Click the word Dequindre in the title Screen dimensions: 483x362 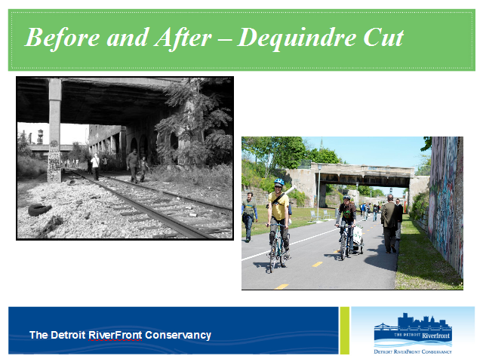pyautogui.click(x=297, y=38)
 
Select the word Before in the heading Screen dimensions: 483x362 pyautogui.click(x=62, y=38)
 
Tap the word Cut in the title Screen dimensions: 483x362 pyautogui.click(x=383, y=38)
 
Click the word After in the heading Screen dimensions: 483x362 pyautogui.click(x=183, y=38)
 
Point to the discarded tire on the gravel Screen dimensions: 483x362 pyautogui.click(x=39, y=210)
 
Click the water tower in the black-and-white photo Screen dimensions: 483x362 pyautogui.click(x=40, y=137)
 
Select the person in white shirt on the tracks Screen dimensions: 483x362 pyautogui.click(x=96, y=167)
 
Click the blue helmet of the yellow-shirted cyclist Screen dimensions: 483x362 pyautogui.click(x=279, y=182)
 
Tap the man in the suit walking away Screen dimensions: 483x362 pyautogui.click(x=390, y=224)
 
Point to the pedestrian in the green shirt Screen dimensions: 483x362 pyautogui.click(x=249, y=216)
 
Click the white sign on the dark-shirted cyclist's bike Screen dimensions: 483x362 pyautogui.click(x=358, y=235)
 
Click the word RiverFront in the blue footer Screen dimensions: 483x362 pyautogui.click(x=115, y=335)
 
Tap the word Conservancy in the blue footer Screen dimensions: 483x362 pyautogui.click(x=178, y=335)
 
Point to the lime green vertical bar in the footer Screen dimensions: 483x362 pyautogui.click(x=345, y=330)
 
